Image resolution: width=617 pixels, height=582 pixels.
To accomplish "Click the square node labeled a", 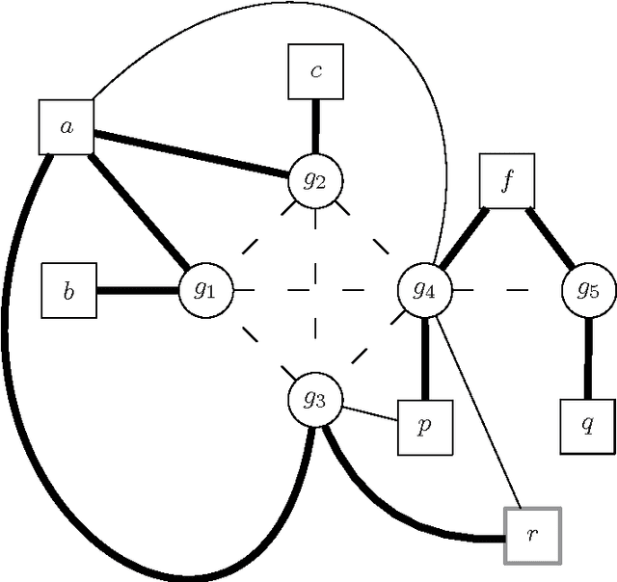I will click(x=67, y=126).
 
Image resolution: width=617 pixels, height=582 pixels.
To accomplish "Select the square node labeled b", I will click(x=67, y=290).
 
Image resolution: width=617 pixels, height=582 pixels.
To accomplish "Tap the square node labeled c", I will click(x=317, y=72).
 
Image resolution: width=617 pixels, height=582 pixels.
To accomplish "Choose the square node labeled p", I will click(x=424, y=427).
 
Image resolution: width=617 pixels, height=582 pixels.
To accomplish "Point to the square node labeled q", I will click(x=587, y=427).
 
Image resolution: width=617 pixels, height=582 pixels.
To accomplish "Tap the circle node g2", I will click(x=316, y=178).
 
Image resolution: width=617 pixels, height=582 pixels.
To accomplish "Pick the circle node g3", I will click(x=315, y=400).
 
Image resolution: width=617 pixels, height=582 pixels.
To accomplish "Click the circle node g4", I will click(x=425, y=289).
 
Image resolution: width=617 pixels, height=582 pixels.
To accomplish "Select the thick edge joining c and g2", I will click(x=316, y=125).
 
